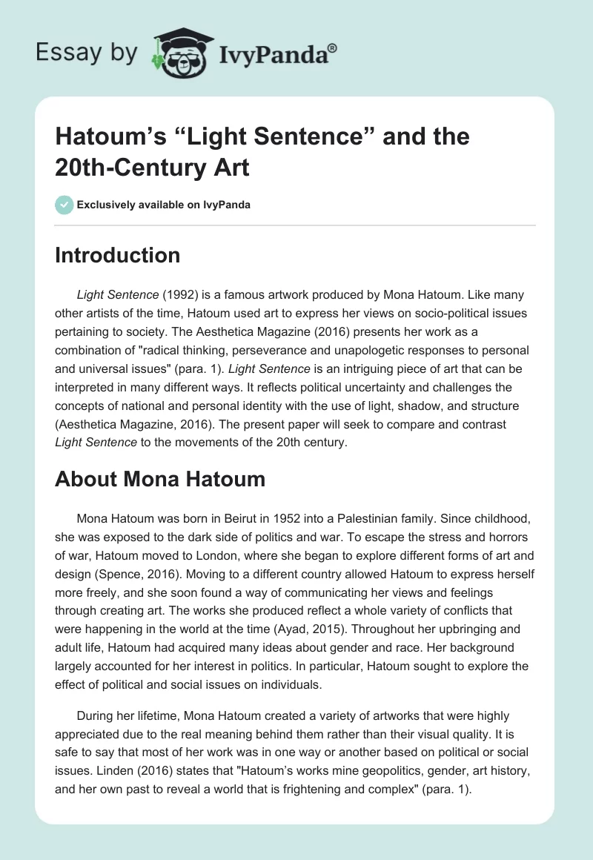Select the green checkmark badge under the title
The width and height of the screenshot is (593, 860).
64,205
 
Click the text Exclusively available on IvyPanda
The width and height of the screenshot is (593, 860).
162,205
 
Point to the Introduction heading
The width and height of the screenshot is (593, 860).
118,255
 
